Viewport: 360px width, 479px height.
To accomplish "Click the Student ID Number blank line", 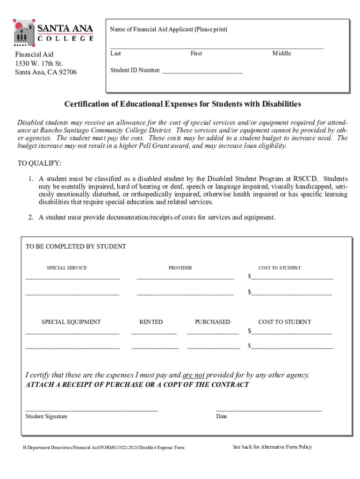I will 202,73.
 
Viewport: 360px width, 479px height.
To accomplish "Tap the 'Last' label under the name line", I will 115,54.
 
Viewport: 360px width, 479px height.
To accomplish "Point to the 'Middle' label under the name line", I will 281,54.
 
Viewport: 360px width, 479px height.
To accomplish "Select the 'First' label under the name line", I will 196,54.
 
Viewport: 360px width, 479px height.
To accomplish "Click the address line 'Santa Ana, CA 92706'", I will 46,72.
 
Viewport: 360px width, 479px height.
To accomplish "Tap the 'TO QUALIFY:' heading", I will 39,163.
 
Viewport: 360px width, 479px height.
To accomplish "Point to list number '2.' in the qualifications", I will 30,218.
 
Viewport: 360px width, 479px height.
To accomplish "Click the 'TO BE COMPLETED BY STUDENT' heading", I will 76,247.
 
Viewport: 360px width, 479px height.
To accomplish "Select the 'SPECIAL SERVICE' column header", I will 66,268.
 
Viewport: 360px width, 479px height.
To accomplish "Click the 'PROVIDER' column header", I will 180,268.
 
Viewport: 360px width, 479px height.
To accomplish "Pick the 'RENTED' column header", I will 151,322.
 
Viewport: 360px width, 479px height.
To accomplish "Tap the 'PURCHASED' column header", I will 212,322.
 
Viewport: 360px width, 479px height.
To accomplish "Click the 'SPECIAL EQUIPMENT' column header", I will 71,322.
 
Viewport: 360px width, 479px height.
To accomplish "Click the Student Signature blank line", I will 92,410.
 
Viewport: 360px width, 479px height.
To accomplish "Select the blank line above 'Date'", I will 269,410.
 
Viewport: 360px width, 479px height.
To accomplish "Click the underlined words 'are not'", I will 194,375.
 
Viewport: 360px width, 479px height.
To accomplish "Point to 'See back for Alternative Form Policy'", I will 272,447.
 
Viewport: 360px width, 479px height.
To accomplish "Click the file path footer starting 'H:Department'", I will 104,448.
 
